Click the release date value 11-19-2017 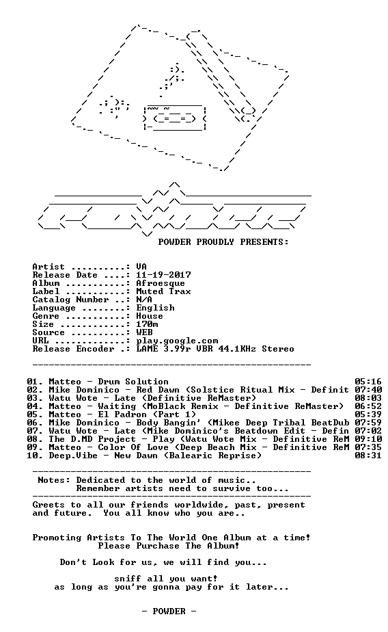coord(163,275)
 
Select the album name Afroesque coord(161,283)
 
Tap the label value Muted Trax coord(163,291)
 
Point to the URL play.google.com coord(177,341)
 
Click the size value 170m coord(147,324)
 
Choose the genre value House coord(150,316)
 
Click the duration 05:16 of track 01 coord(368,382)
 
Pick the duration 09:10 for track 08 coord(368,439)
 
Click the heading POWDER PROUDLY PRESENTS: coord(223,242)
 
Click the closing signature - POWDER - coord(169,611)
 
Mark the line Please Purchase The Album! coord(169,546)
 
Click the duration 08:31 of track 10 coord(368,456)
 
